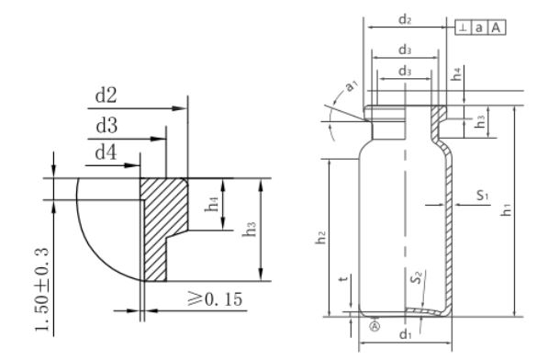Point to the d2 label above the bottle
coord(405,18)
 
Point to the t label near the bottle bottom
coord(341,284)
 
